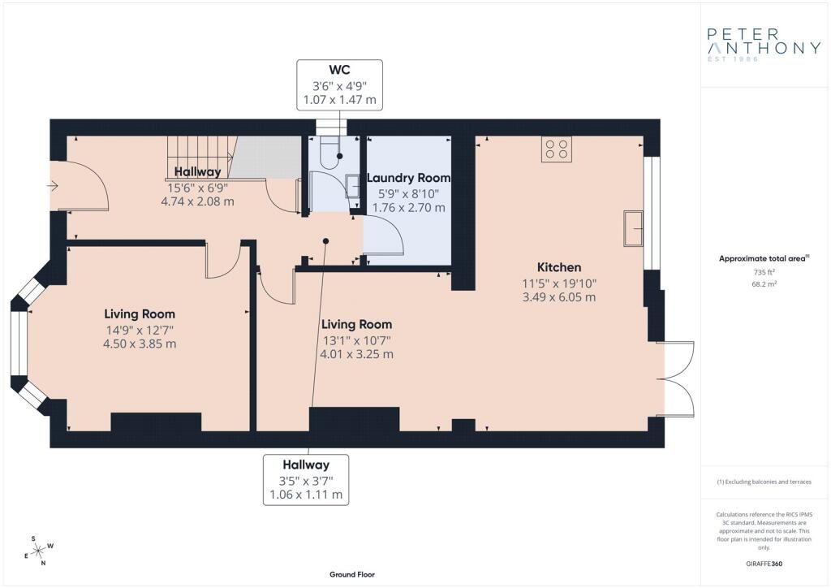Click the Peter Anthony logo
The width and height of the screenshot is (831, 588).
(x=764, y=45)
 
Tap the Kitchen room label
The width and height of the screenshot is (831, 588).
(x=559, y=267)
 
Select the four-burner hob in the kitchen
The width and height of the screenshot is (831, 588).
(x=557, y=149)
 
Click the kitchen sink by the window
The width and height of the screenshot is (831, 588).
(x=633, y=228)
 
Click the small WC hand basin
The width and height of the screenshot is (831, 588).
(x=352, y=187)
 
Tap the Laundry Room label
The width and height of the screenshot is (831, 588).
(x=408, y=178)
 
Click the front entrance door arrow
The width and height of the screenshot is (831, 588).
(x=54, y=186)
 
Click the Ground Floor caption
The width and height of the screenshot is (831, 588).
(x=351, y=574)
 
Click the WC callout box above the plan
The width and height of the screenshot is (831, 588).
(x=339, y=84)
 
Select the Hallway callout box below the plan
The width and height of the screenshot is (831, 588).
(x=306, y=479)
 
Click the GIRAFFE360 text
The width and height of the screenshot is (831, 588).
(x=764, y=564)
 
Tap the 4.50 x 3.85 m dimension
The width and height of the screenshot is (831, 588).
(x=140, y=344)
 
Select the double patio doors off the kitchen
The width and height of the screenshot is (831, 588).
(x=677, y=378)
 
